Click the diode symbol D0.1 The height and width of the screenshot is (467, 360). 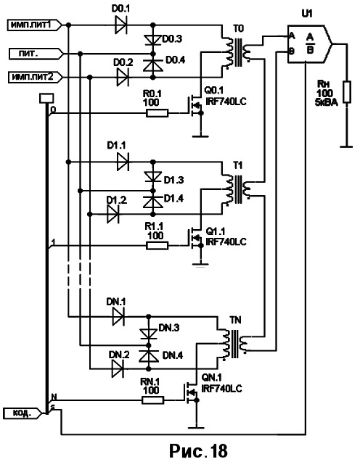[121, 25]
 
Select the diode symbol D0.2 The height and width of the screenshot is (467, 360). [123, 78]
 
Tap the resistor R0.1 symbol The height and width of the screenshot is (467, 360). [157, 113]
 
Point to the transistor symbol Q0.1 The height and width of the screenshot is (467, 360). [195, 106]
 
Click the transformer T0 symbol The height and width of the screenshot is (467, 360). [237, 52]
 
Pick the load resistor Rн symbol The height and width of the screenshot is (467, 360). [347, 91]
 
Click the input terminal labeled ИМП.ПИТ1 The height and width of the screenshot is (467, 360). [35, 25]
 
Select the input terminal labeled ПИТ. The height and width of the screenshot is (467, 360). [36, 54]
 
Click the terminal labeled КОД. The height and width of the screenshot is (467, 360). [22, 413]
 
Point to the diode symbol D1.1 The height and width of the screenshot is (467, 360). [123, 162]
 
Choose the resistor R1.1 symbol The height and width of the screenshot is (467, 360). [157, 246]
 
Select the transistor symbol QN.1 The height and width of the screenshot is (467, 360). [191, 393]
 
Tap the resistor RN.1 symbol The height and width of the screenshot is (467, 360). [152, 400]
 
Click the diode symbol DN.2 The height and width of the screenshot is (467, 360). [118, 368]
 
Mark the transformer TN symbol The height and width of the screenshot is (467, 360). [233, 344]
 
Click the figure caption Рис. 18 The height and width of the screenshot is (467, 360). [198, 450]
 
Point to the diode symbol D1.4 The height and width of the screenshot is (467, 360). [153, 202]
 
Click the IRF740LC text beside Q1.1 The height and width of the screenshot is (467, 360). [226, 241]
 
